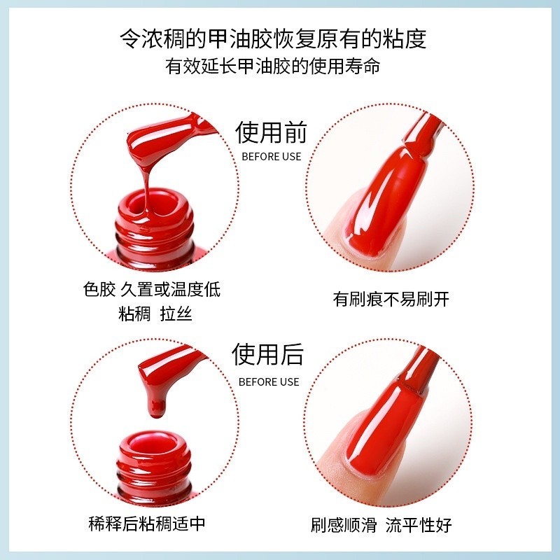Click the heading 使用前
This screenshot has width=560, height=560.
click(271, 132)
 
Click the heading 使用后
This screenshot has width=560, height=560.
click(268, 355)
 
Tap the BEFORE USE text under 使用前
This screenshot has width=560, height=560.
click(272, 157)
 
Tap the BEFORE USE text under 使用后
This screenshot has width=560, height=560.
click(269, 381)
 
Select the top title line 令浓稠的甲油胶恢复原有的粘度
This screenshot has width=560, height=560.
click(273, 38)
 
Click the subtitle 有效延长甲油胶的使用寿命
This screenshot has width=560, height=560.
click(273, 66)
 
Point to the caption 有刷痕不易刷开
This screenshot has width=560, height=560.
click(391, 299)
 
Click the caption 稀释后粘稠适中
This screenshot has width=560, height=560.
click(147, 524)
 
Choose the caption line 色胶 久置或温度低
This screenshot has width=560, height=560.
click(151, 289)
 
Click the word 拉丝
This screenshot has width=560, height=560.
click(176, 314)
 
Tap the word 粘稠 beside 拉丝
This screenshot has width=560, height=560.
click(134, 314)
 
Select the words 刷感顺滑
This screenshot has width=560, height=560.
click(344, 525)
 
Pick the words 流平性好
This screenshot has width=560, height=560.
click(419, 525)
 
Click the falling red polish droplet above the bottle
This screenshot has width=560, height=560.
click(156, 407)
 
